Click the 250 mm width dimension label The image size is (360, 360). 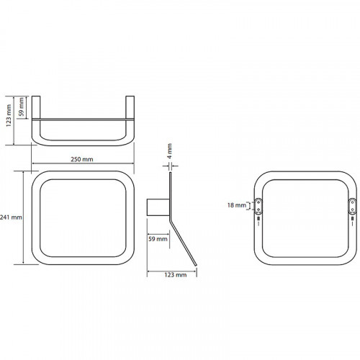[x=82, y=159]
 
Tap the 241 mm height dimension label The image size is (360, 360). [x=11, y=217]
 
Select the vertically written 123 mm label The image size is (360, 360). [x=9, y=115]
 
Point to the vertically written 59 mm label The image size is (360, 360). [x=21, y=107]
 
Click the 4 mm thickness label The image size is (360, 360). [x=169, y=151]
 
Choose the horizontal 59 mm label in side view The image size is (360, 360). [x=158, y=239]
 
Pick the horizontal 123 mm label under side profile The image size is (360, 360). [x=176, y=275]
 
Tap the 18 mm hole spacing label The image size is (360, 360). [x=237, y=205]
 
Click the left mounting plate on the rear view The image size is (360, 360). [x=258, y=206]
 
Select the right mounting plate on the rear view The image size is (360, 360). [x=352, y=206]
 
